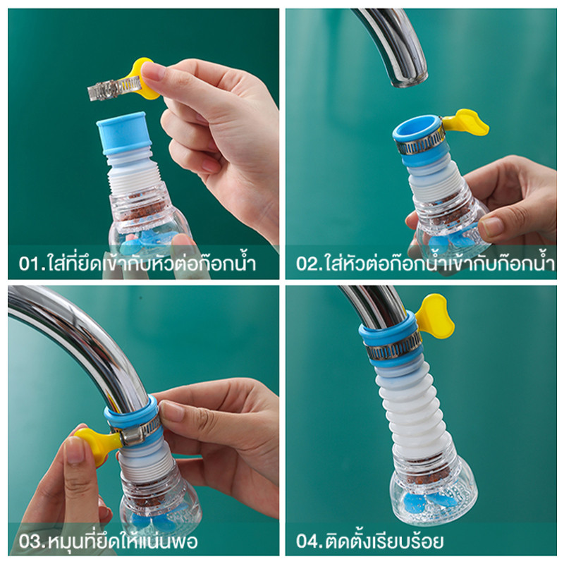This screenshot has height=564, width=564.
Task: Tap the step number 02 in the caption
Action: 307,264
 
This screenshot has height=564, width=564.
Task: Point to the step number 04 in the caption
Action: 307,542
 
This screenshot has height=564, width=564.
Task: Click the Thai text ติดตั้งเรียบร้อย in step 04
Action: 384,541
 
